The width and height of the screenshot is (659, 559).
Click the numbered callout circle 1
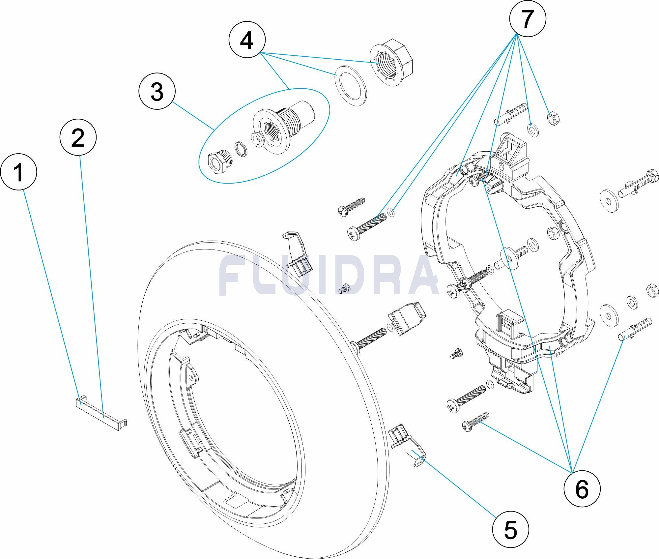click(18, 172)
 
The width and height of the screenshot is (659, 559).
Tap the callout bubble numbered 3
click(157, 92)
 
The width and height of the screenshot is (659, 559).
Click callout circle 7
click(528, 19)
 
